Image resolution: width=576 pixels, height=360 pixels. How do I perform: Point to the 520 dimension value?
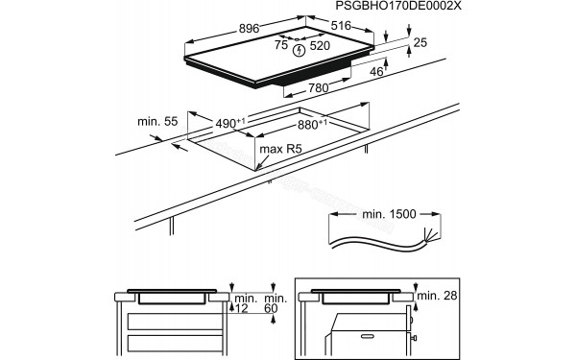coord(320,46)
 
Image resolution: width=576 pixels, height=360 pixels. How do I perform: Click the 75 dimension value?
coord(281,45)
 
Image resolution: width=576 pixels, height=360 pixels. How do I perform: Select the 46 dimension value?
coord(377,71)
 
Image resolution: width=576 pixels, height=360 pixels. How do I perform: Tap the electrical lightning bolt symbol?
coord(300,50)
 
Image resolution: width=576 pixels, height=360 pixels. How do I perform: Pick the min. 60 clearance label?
coord(276,306)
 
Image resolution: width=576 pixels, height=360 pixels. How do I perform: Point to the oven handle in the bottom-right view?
coord(413,337)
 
